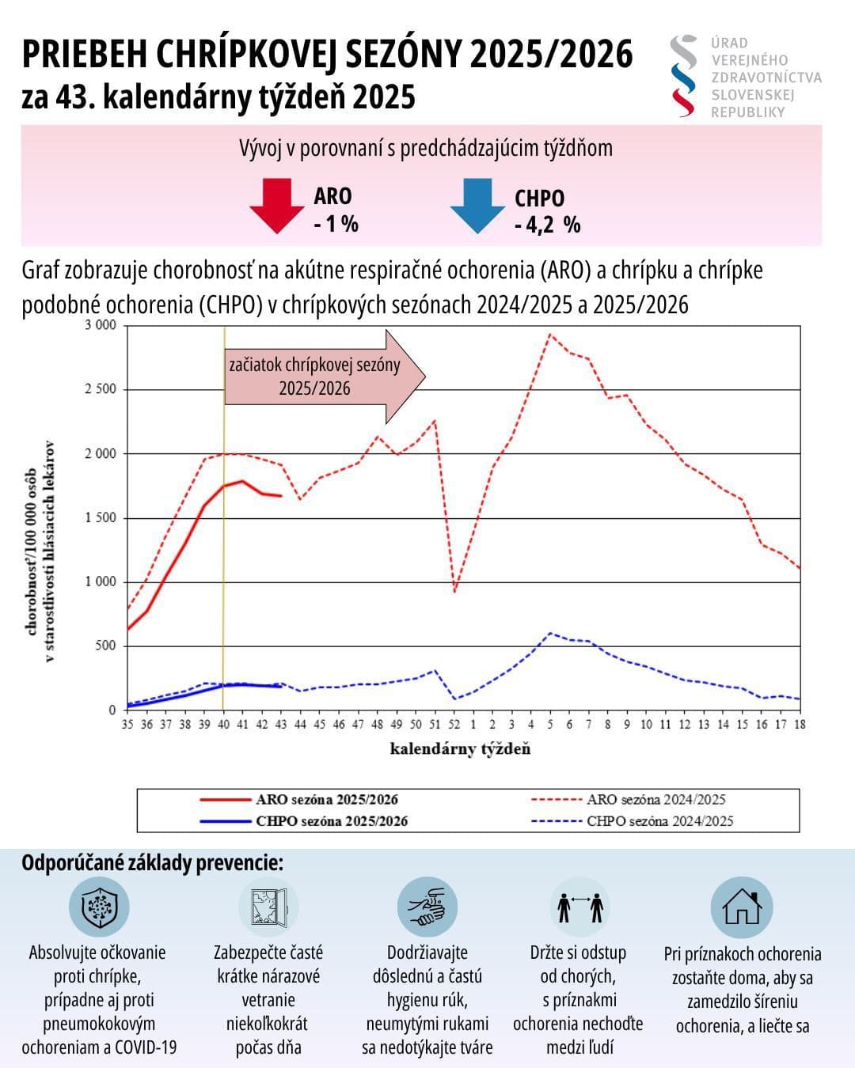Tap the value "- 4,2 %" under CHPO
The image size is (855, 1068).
(x=547, y=225)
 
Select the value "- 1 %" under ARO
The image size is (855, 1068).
(x=336, y=224)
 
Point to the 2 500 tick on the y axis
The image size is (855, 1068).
(x=101, y=389)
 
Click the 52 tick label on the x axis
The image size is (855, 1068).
(x=454, y=725)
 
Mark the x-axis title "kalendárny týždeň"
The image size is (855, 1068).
(x=460, y=748)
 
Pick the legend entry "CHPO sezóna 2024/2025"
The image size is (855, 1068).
(x=659, y=821)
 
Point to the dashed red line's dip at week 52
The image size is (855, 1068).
(x=454, y=591)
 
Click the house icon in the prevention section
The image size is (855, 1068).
(x=742, y=907)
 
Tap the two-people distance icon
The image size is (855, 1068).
(x=580, y=907)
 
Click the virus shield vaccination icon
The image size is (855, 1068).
(x=99, y=907)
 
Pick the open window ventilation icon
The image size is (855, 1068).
(x=268, y=907)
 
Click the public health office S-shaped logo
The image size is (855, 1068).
(x=683, y=76)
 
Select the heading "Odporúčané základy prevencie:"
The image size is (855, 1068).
(x=152, y=862)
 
